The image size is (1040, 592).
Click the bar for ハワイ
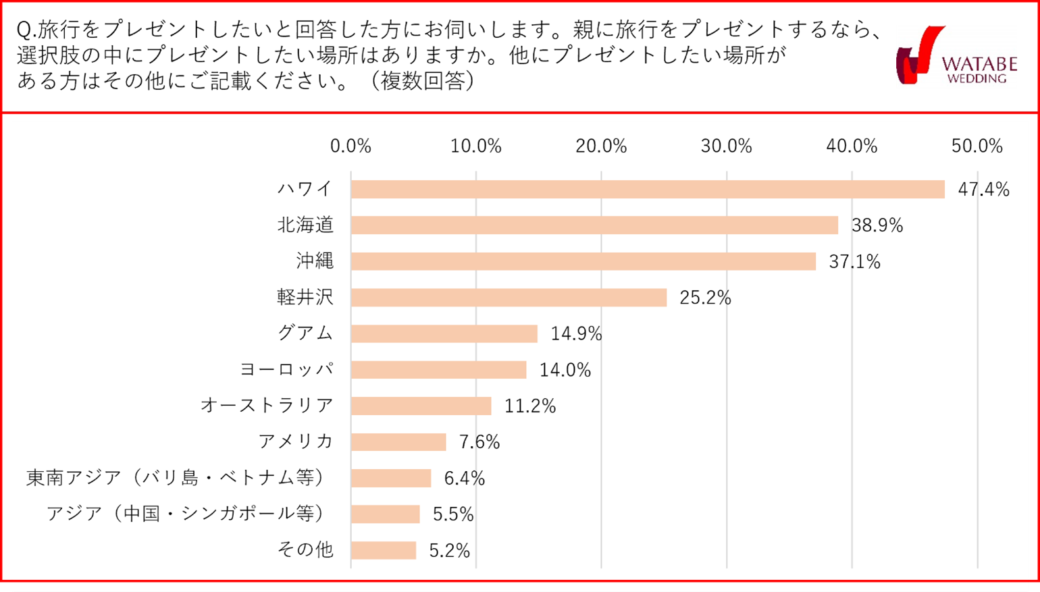pos(647,190)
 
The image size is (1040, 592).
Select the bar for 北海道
pos(594,225)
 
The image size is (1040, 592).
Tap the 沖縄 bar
pos(583,261)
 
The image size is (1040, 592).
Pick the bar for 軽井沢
pos(509,298)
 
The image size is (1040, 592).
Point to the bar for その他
pos(384,551)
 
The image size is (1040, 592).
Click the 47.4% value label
pos(983,190)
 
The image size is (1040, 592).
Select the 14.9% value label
pos(576,334)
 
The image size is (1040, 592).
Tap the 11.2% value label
pos(530,406)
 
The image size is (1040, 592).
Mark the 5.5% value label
pos(453,515)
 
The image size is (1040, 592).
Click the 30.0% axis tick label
pos(726,146)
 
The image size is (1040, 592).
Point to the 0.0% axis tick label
pos(350,146)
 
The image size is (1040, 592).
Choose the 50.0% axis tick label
pos(977,146)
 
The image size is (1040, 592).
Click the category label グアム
pos(305,333)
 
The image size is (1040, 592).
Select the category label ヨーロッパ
pos(287,370)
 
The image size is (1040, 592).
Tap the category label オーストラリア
pos(267,406)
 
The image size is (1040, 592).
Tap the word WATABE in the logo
pos(979,64)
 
